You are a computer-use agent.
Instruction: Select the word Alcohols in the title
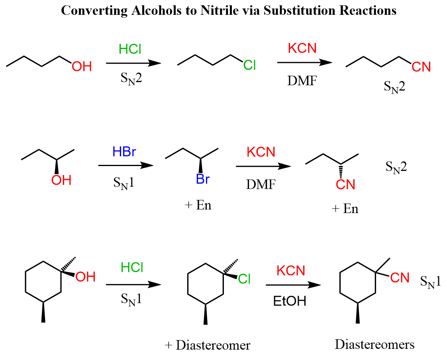pyautogui.click(x=153, y=10)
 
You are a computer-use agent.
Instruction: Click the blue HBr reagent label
pyautogui.click(x=124, y=152)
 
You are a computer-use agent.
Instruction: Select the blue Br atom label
pyautogui.click(x=203, y=180)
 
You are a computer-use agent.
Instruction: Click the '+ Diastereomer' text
pyautogui.click(x=208, y=345)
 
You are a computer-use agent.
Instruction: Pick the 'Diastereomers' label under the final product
pyautogui.click(x=374, y=344)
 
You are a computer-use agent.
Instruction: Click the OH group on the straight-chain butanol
pyautogui.click(x=82, y=67)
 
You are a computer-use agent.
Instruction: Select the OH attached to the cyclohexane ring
pyautogui.click(x=85, y=277)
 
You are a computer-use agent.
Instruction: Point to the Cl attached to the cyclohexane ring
pyautogui.click(x=244, y=280)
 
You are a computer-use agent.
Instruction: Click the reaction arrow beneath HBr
pyautogui.click(x=125, y=165)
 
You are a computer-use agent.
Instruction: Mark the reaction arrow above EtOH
pyautogui.click(x=293, y=285)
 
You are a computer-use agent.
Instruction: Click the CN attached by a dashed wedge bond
pyautogui.click(x=345, y=185)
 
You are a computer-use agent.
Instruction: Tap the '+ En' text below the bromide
pyautogui.click(x=198, y=205)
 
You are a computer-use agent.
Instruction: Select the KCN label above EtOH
pyautogui.click(x=291, y=271)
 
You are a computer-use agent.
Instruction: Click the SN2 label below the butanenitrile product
pyautogui.click(x=394, y=87)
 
